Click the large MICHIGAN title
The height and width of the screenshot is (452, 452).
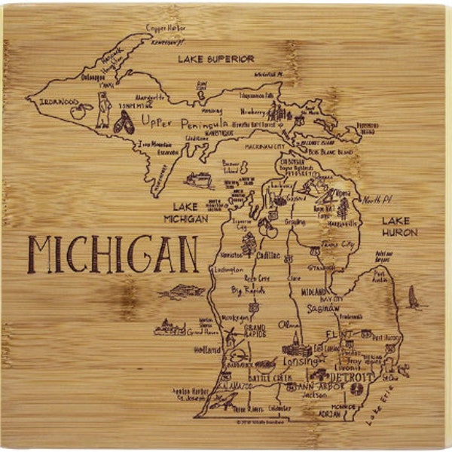113,255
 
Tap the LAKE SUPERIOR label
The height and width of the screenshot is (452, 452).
216,58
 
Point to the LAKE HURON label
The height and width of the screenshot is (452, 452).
399,227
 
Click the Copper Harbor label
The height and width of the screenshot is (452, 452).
166,28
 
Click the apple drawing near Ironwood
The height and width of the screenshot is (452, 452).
78,114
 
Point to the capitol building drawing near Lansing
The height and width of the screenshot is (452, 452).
297,349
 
